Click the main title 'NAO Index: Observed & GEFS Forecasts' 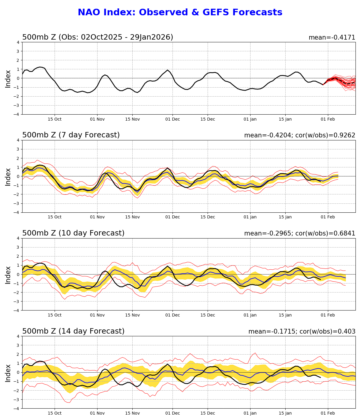(x=180, y=13)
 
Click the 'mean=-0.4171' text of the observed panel (x=332, y=37)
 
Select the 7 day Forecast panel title (x=71, y=135)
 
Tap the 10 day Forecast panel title (x=73, y=233)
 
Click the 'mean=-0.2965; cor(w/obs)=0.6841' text (x=299, y=233)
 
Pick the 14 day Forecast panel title (x=73, y=331)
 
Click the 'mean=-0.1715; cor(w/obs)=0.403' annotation (x=301, y=331)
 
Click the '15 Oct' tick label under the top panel (x=55, y=119)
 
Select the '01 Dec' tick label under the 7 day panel (x=172, y=217)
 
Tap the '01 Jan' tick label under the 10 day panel (x=250, y=315)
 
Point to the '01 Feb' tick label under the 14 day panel (x=328, y=413)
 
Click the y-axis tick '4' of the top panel (x=18, y=42)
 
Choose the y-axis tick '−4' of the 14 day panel (x=17, y=409)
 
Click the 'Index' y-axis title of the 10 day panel (x=8, y=274)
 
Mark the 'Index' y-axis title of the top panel (x=8, y=79)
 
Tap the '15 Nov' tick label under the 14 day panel (x=132, y=413)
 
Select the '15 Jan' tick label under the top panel (x=285, y=119)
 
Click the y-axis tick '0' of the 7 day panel (x=18, y=176)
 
